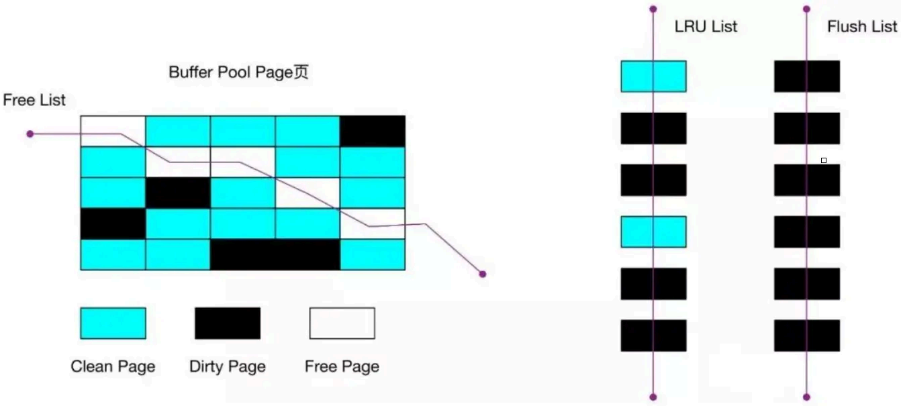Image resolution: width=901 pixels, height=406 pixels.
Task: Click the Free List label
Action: (34, 100)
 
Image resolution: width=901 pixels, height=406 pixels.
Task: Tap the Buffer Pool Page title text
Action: (238, 72)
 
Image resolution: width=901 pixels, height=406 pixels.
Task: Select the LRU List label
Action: (706, 27)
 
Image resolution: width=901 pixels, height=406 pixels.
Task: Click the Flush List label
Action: (862, 27)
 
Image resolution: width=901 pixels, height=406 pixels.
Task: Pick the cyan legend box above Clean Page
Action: (113, 323)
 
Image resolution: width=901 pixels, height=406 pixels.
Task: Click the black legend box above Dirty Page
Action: (228, 323)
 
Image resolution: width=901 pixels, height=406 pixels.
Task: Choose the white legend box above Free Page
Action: (342, 323)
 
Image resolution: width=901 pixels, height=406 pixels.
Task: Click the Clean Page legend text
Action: (113, 366)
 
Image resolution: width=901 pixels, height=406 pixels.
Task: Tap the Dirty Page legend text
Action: (228, 366)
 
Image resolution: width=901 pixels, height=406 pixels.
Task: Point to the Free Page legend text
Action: (342, 366)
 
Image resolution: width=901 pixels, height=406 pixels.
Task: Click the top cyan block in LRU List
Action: (653, 76)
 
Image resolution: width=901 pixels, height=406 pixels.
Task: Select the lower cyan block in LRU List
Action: (653, 232)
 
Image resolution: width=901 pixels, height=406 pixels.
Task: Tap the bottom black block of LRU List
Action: (653, 335)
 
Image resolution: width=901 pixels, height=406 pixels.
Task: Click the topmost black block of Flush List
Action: (806, 76)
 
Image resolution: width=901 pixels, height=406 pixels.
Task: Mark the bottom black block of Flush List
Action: (806, 335)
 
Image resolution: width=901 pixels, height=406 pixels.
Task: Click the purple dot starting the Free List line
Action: (30, 134)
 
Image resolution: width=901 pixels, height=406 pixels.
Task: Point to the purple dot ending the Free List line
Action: (482, 274)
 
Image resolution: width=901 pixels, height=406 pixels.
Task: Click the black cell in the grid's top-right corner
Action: (373, 131)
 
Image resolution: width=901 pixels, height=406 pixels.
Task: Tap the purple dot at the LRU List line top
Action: (653, 9)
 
